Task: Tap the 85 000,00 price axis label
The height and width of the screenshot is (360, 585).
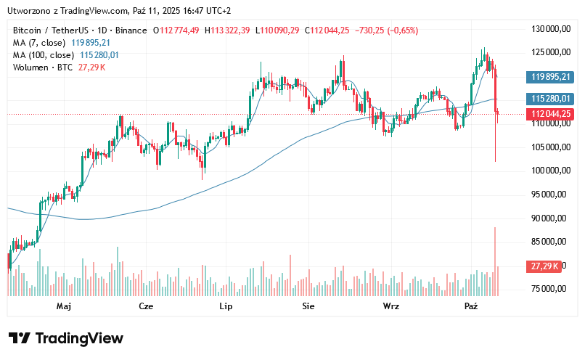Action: coord(550,242)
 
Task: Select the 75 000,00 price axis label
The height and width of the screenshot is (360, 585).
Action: coord(550,289)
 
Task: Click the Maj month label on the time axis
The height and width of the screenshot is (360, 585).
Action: coord(64,307)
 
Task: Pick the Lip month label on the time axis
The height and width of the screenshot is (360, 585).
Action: coord(226,307)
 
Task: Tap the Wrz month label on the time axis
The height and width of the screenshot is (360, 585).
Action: coord(391,307)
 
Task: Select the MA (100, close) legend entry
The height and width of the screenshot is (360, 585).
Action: coord(44,55)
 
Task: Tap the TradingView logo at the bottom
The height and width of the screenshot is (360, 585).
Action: coord(65,338)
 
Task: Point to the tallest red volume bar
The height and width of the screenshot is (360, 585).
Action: coord(495,261)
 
